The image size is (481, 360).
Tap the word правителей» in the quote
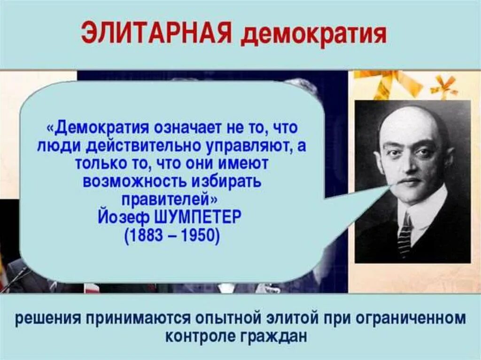(170, 199)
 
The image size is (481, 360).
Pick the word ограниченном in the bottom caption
(411, 320)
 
